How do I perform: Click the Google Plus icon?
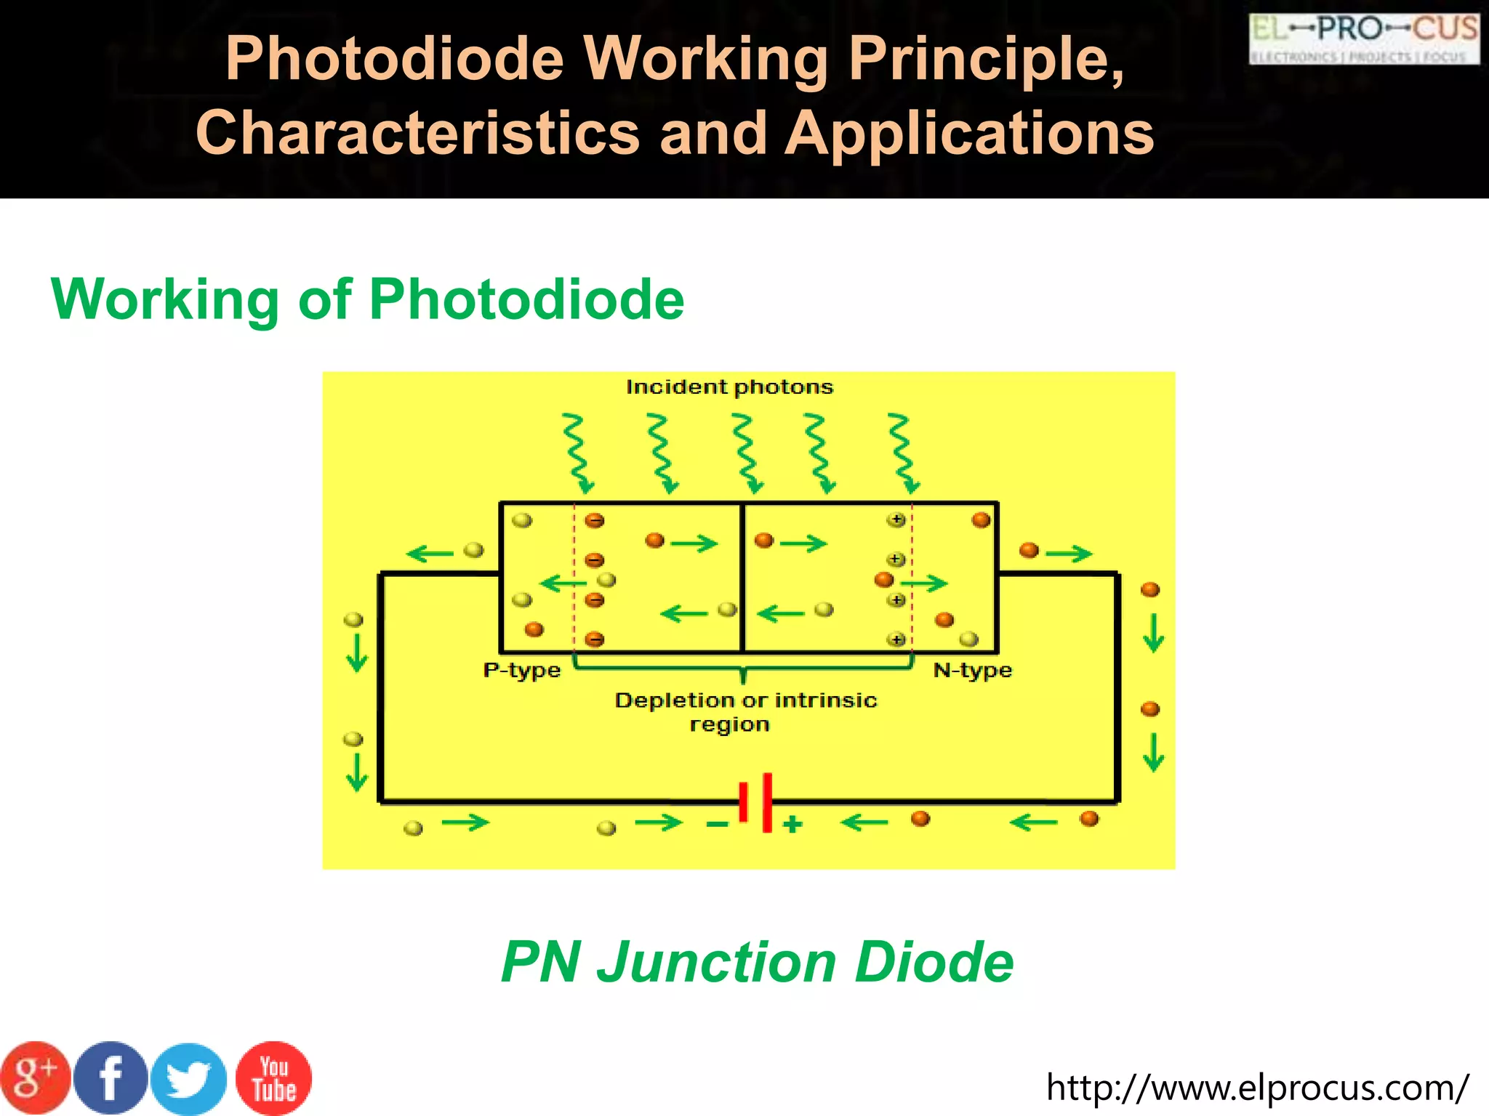tap(35, 1078)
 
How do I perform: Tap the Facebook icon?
tap(111, 1078)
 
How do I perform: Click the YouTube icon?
tap(273, 1078)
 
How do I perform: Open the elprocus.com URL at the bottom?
tap(1257, 1087)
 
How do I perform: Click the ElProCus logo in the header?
tap(1364, 39)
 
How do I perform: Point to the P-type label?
tap(522, 670)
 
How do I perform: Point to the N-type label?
tap(972, 670)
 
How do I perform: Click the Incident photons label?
tap(729, 387)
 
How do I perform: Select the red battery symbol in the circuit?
tap(755, 802)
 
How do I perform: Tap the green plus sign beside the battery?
tap(792, 825)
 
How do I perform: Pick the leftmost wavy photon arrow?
tap(578, 453)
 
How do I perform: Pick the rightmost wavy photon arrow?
tap(904, 453)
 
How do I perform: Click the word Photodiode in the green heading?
tap(526, 299)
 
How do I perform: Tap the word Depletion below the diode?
tap(674, 700)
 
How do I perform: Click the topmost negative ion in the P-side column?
tap(595, 521)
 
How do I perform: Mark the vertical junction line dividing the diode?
tap(742, 578)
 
